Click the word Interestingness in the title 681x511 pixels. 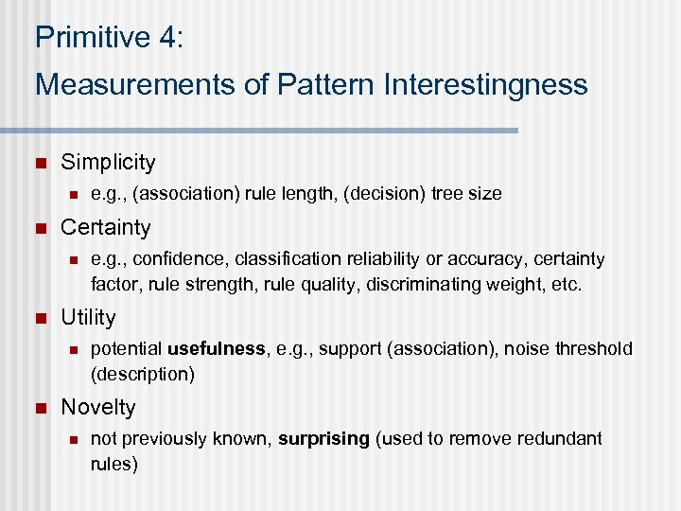pos(485,84)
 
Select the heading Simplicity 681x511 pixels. pos(107,162)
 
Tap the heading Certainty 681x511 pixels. pos(105,227)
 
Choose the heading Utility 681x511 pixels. pos(88,317)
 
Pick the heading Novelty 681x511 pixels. pos(97,407)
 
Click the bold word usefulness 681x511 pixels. pos(217,348)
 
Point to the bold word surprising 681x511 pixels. pos(323,438)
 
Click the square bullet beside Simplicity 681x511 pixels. pos(39,163)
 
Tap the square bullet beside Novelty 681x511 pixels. pos(39,408)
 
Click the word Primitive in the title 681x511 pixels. pos(81,37)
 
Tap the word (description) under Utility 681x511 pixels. pos(142,373)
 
